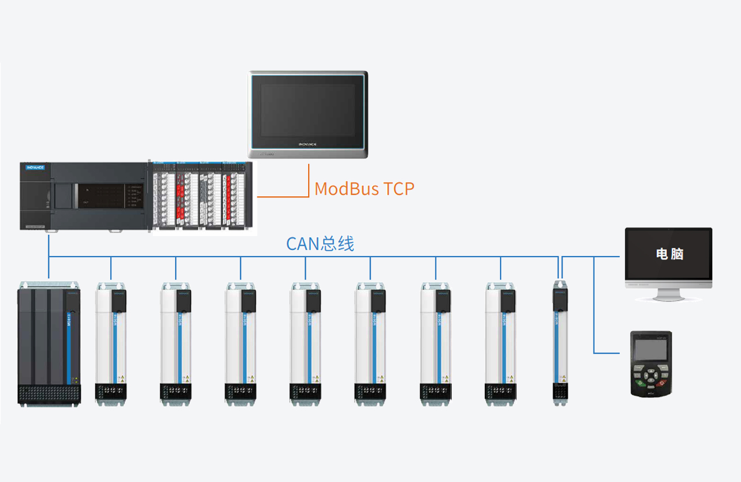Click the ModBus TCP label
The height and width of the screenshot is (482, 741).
coord(364,189)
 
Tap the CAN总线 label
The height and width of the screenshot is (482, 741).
coord(320,244)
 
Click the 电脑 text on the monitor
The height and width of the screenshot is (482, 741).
coord(669,254)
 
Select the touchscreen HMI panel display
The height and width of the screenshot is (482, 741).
coord(308,110)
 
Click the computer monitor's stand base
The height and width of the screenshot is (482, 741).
coord(669,298)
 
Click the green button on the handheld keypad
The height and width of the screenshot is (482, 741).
coord(641,383)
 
